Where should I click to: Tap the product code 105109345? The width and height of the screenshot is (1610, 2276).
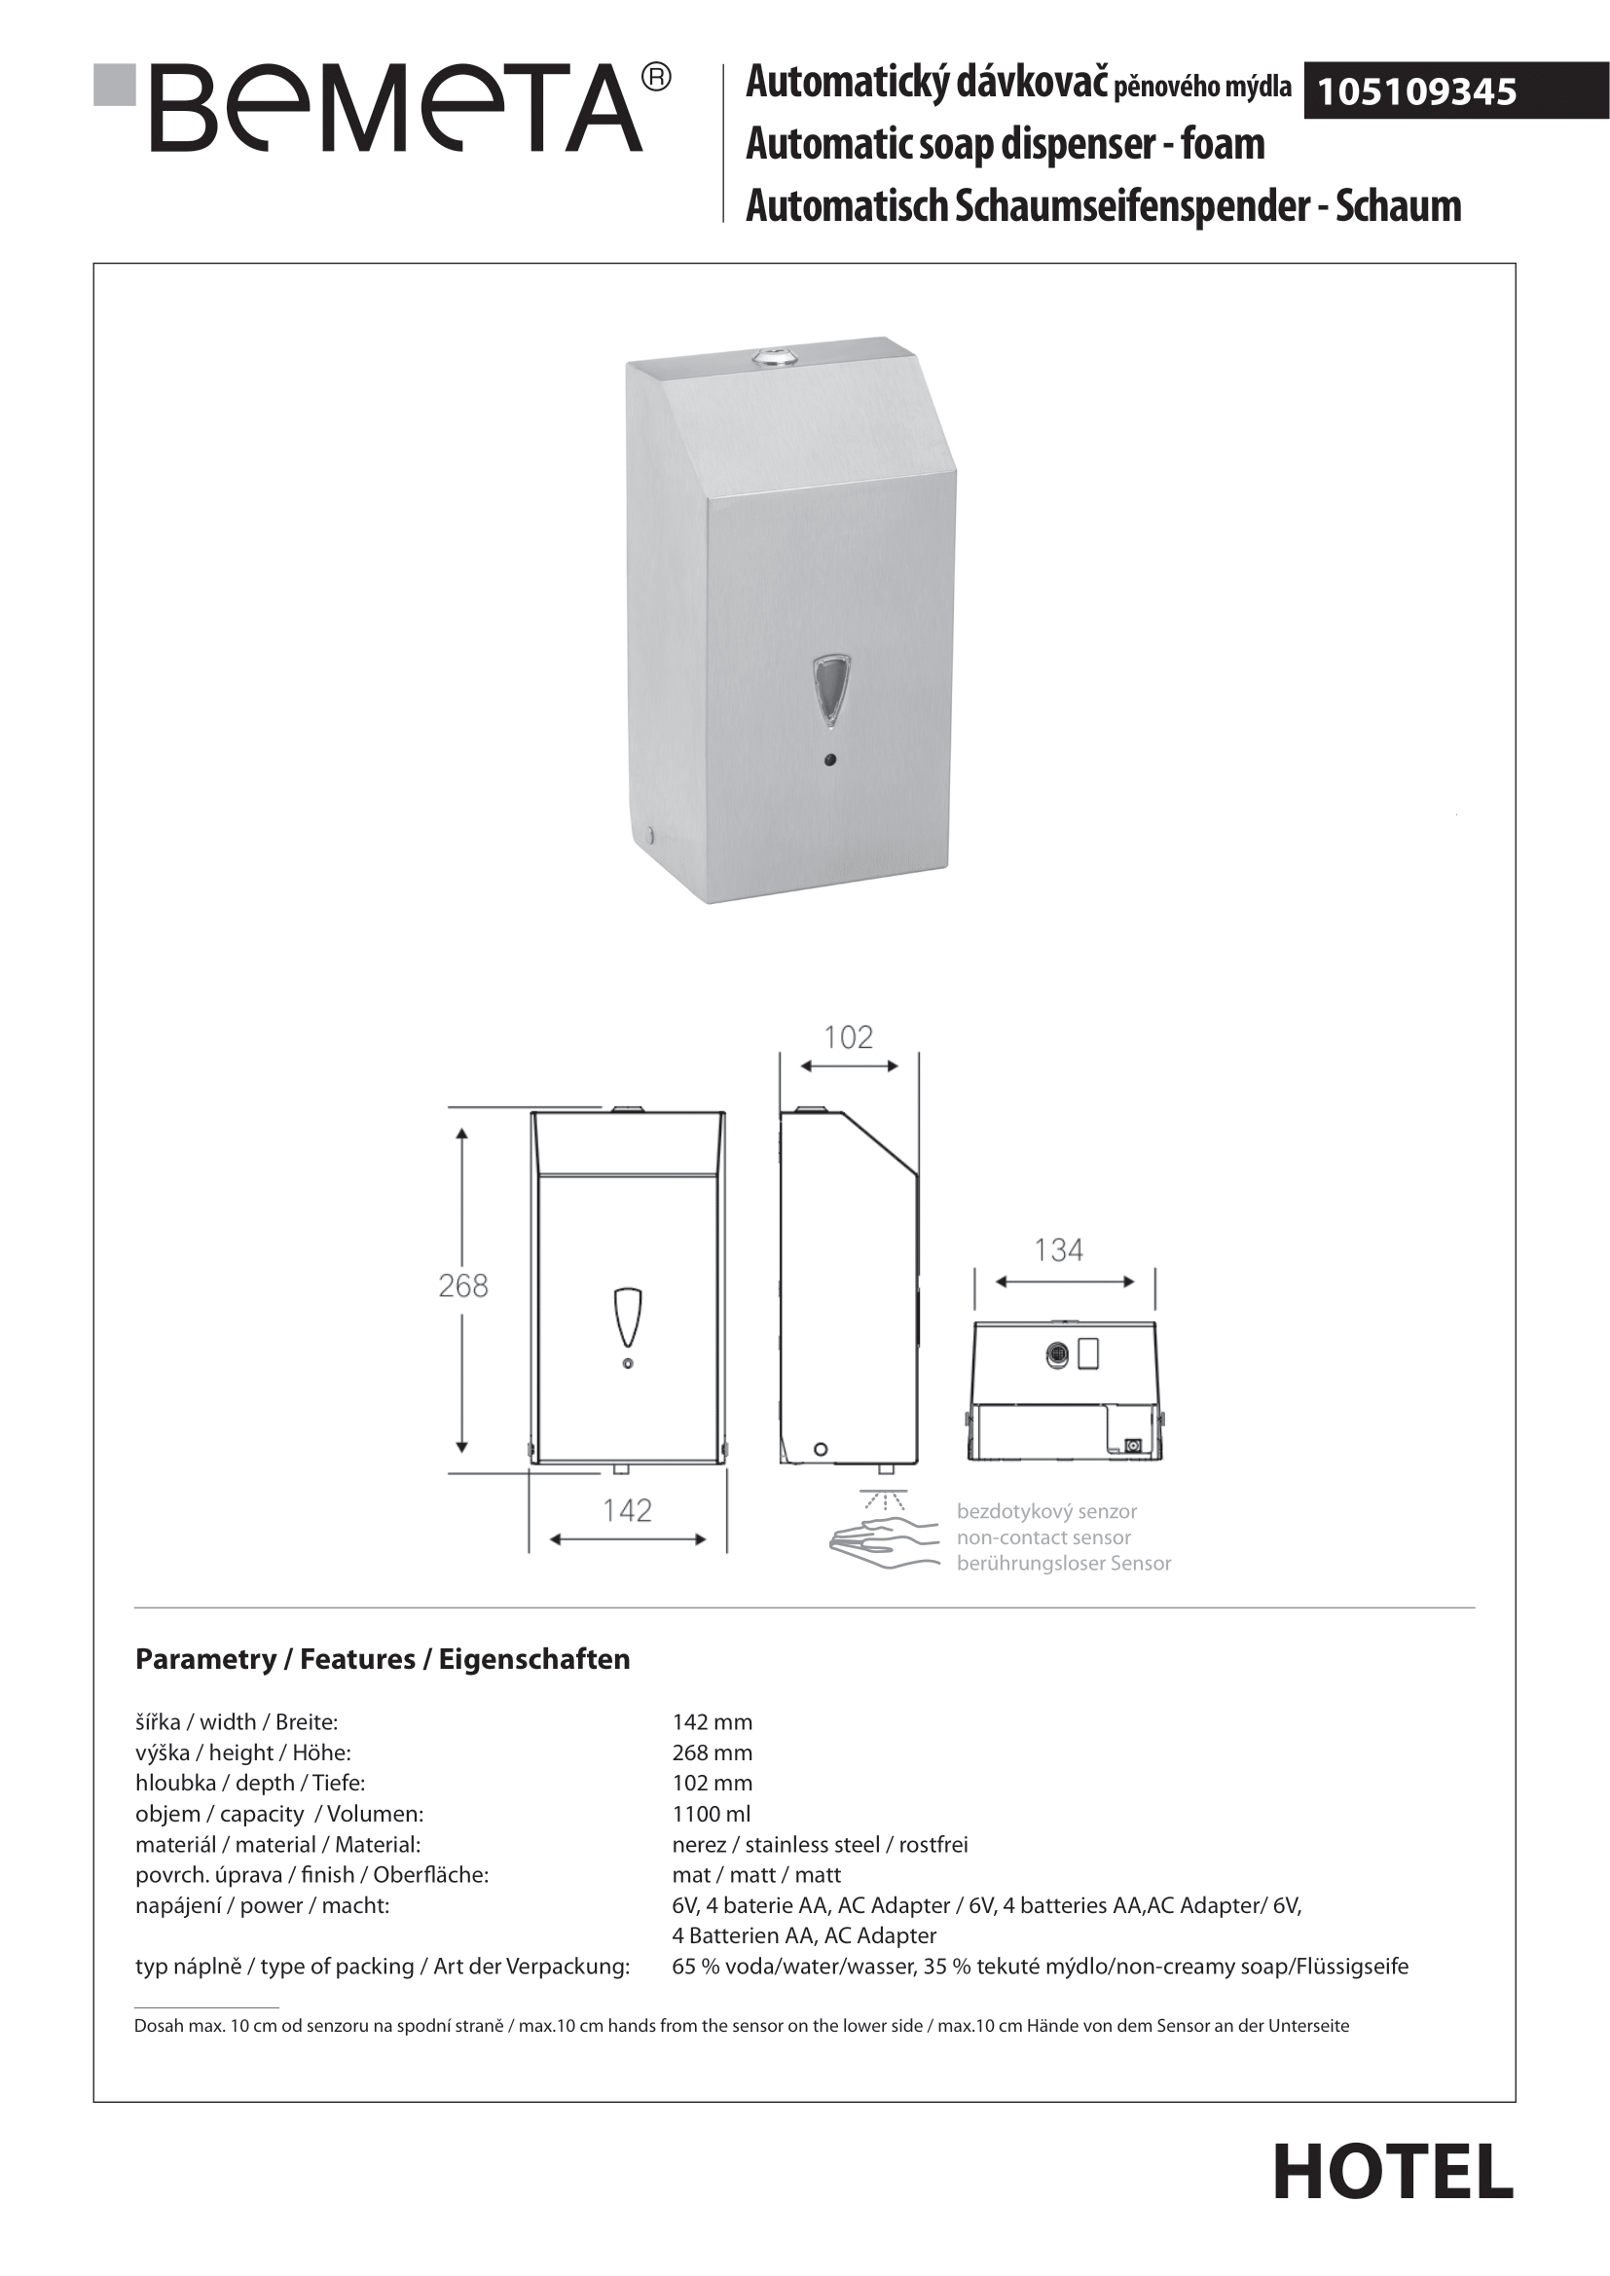[1415, 92]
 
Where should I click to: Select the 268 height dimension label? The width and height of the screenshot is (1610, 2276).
[463, 1285]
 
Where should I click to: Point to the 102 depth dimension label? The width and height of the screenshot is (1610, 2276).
[849, 1038]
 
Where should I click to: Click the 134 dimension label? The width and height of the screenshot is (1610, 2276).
[1059, 1250]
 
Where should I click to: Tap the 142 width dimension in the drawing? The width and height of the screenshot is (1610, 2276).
[628, 1511]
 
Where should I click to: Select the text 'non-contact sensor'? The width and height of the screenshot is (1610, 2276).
[1043, 1537]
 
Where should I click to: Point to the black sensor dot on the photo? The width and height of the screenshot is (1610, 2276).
[830, 760]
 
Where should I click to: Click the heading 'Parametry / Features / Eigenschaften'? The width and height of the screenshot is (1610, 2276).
[383, 1659]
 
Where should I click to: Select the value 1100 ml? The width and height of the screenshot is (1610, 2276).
[711, 1814]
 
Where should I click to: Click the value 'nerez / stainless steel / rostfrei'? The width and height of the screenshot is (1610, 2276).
[820, 1845]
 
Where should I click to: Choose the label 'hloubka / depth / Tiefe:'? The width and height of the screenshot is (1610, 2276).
[250, 1784]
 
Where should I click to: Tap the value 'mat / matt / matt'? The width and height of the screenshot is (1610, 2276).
[756, 1875]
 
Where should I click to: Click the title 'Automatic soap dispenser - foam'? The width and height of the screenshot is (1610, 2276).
[1006, 145]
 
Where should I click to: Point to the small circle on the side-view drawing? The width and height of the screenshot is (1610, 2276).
[821, 1449]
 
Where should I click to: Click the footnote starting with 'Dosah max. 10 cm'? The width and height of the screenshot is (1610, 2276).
[742, 2026]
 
